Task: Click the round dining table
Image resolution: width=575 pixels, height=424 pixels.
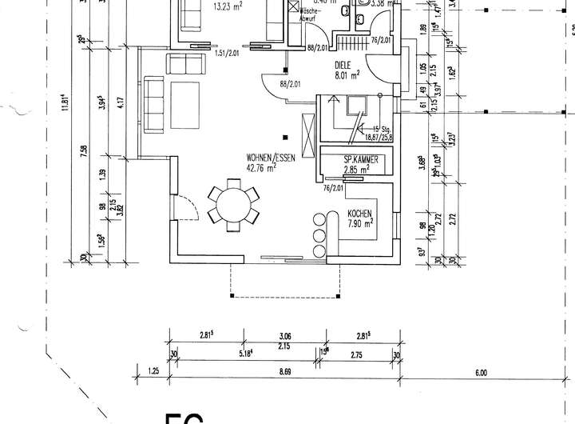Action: [x=234, y=206]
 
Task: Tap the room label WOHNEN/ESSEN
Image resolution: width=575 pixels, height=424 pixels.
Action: [x=272, y=158]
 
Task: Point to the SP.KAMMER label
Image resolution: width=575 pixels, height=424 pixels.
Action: [x=359, y=159]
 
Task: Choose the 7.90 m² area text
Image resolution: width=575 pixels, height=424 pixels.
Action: [x=361, y=224]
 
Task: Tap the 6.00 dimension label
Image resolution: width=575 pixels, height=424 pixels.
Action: [x=481, y=371]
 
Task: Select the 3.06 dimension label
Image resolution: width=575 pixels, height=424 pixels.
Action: [x=286, y=336]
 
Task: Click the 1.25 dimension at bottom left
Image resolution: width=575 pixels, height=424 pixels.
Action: [x=154, y=371]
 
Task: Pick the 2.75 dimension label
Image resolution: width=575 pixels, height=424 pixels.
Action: [x=358, y=353]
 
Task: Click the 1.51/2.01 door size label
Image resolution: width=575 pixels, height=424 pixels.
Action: [x=228, y=53]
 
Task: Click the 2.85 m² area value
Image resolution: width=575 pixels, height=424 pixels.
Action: [x=356, y=170]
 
